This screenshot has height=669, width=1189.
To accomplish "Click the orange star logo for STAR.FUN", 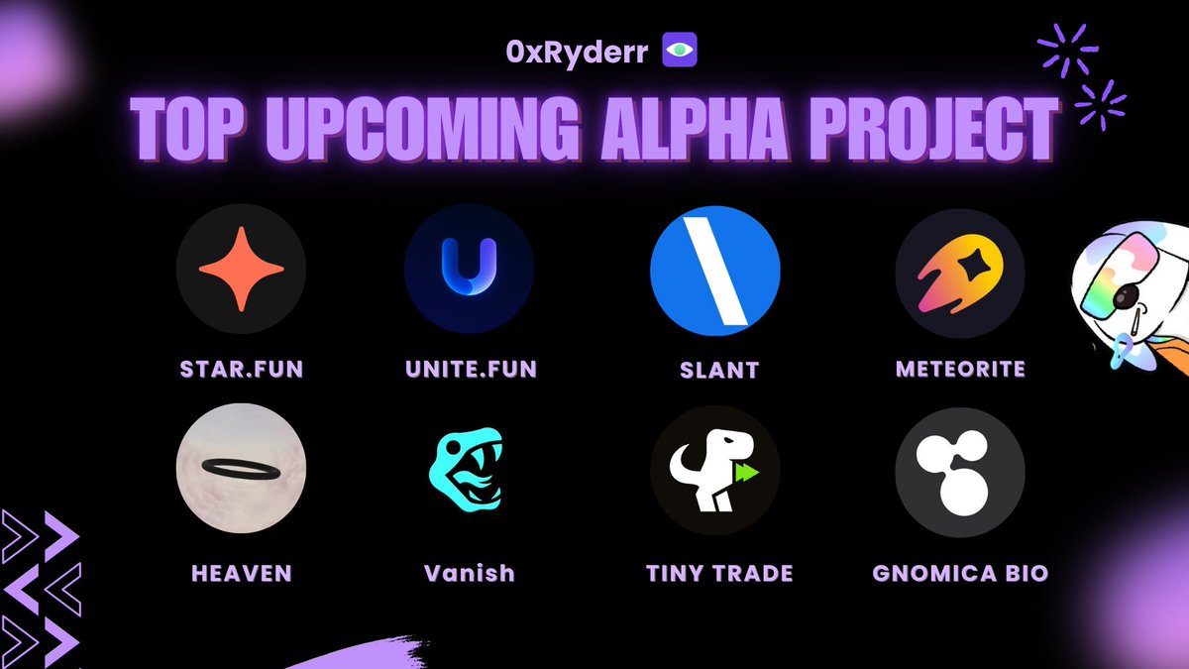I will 241,270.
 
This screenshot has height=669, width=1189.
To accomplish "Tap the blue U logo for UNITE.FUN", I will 469,270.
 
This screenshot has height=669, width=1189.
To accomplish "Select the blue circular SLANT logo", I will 715,271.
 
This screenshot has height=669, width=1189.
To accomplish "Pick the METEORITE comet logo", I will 959,270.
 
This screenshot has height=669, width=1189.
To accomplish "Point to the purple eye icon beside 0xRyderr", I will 680,51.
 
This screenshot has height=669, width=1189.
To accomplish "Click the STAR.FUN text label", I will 240,370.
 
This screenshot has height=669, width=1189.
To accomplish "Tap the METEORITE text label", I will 959,370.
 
